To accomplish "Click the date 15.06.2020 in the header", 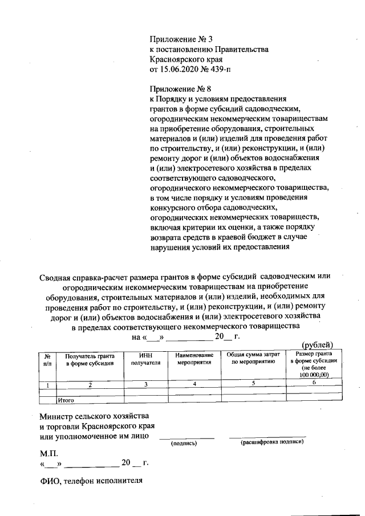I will click(x=181, y=70).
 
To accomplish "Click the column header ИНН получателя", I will click(x=146, y=359).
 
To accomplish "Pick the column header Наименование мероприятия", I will click(x=194, y=359).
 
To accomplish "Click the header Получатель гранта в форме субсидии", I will click(x=90, y=359).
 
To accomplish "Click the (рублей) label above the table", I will click(x=321, y=344).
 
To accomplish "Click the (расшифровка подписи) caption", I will click(x=272, y=441).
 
